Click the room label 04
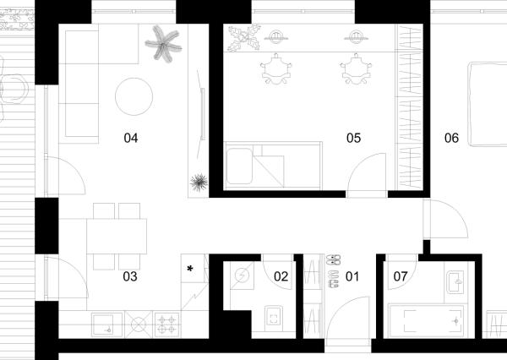pyautogui.click(x=131, y=138)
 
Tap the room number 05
pyautogui.click(x=353, y=138)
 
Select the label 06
pyautogui.click(x=451, y=138)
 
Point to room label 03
pyautogui.click(x=130, y=276)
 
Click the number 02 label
pyautogui.click(x=281, y=276)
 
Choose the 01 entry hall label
pyautogui.click(x=352, y=276)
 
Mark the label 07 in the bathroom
pyautogui.click(x=401, y=276)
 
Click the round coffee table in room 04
pyautogui.click(x=134, y=96)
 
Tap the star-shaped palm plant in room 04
pyautogui.click(x=163, y=44)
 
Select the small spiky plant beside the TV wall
pyautogui.click(x=199, y=183)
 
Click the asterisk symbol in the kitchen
pyautogui.click(x=190, y=269)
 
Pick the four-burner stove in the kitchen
pyautogui.click(x=166, y=325)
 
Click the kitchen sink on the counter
pyautogui.click(x=107, y=325)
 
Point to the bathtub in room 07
pyautogui.click(x=427, y=321)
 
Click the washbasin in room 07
pyautogui.click(x=455, y=282)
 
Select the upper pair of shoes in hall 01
pyautogui.click(x=334, y=259)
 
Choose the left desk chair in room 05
pyautogui.click(x=276, y=69)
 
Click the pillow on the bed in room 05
pyautogui.click(x=239, y=166)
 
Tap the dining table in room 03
pyautogui.click(x=117, y=237)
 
